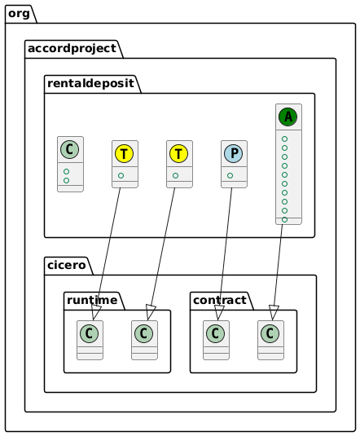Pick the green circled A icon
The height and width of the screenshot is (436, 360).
[288, 117]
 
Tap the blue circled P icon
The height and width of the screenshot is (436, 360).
[234, 153]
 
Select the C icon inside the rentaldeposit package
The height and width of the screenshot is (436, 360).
[70, 150]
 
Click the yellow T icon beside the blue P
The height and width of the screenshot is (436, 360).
[179, 153]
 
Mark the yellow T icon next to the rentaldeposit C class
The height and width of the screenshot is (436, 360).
[125, 153]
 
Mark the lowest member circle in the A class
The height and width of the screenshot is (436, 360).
[284, 219]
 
